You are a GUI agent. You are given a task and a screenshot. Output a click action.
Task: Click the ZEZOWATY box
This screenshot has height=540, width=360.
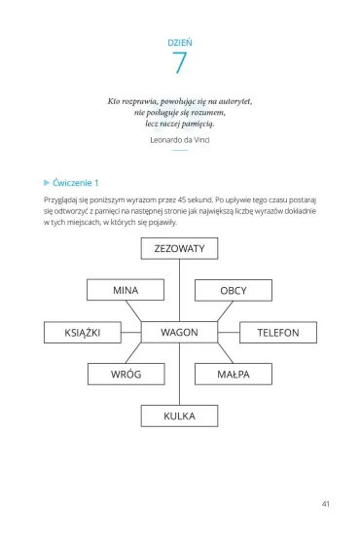point(179,248)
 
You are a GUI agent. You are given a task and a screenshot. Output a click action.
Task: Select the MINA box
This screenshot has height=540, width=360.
point(126,290)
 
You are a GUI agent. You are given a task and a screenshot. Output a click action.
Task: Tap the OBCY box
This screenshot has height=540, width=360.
point(234,290)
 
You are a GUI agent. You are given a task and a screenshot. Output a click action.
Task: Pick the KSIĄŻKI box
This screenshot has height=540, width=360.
point(83,333)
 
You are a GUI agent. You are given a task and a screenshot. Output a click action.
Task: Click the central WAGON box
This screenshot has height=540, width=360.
point(179,332)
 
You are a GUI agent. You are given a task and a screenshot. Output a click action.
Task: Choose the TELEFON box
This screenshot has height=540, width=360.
point(278,333)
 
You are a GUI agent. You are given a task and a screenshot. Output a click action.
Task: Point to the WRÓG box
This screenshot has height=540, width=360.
point(126,374)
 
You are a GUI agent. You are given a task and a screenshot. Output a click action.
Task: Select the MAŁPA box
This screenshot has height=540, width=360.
point(234,374)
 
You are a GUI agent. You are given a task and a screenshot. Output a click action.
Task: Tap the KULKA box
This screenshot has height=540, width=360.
point(179,416)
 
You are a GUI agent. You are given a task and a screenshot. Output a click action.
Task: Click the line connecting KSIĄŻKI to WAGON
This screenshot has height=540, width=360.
point(131,333)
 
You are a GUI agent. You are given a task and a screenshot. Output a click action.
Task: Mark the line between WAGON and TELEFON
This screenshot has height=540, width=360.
point(229,333)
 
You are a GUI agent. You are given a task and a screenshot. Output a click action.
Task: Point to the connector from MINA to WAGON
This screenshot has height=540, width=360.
point(133,311)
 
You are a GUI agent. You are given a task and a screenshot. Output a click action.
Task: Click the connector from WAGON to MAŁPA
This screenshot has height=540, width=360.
point(226,353)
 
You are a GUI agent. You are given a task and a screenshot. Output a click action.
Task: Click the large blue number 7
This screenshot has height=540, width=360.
point(179,62)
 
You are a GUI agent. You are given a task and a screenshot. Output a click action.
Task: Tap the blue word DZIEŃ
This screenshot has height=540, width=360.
point(180,43)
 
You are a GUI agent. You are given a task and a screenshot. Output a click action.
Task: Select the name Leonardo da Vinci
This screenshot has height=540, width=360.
point(180,140)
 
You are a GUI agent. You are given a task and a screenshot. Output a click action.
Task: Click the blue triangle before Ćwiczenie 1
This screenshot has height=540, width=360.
point(47,183)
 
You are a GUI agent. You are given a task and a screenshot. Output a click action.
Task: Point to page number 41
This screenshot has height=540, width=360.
point(326,504)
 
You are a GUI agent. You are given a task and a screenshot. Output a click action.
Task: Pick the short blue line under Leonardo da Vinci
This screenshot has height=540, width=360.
point(180,150)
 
